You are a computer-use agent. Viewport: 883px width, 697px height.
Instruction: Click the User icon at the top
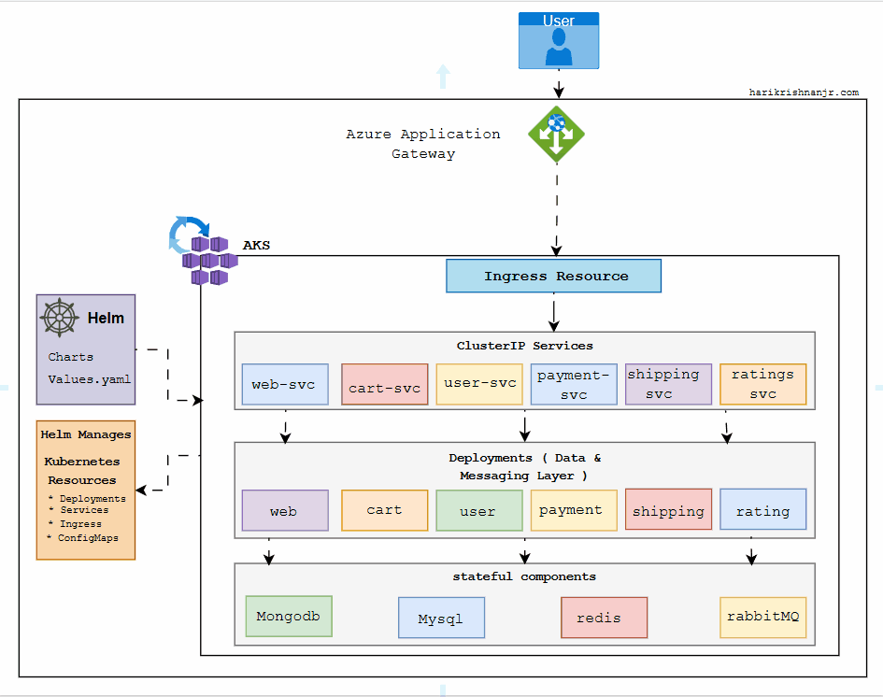tap(559, 41)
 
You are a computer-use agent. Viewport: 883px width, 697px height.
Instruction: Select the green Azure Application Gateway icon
tap(556, 135)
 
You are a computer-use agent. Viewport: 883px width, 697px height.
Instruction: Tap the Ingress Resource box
tap(553, 277)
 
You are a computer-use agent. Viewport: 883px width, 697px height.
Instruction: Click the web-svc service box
tap(285, 384)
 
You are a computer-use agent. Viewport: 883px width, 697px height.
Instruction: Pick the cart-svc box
tap(384, 385)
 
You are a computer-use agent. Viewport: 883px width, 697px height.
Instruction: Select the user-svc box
tap(478, 384)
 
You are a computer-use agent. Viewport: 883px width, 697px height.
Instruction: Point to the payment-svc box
tap(574, 384)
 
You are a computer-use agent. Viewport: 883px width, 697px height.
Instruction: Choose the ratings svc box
tap(762, 384)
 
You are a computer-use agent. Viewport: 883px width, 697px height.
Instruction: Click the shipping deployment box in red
tap(668, 510)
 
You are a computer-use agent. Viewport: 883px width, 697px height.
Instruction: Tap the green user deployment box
tap(478, 510)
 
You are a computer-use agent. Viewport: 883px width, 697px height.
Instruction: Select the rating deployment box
tap(762, 510)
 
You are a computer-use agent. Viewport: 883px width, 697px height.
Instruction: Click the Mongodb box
tap(288, 617)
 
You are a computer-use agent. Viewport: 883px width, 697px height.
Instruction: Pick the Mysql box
tap(441, 618)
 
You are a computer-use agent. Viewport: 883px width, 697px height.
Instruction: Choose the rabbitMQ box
tap(762, 617)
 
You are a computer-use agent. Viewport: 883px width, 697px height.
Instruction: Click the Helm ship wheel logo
tap(59, 319)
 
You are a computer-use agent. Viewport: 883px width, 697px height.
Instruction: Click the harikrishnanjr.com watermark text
tap(804, 92)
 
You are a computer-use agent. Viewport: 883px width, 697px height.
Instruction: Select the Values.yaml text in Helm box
tap(90, 379)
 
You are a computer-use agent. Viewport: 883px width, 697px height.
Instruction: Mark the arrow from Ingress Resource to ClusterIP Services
tap(554, 313)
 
